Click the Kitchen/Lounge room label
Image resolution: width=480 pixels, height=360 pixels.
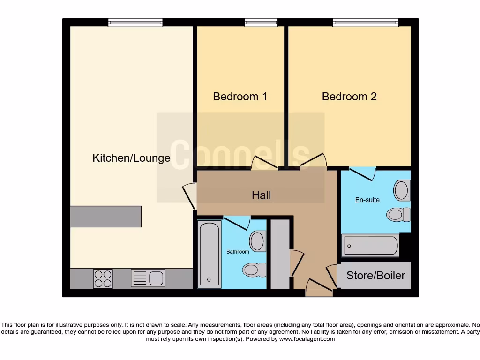pyautogui.click(x=131, y=158)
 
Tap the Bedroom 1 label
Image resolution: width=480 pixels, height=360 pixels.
pyautogui.click(x=240, y=97)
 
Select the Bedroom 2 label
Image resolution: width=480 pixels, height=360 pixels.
pyautogui.click(x=349, y=97)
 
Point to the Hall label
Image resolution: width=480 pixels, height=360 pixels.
pyautogui.click(x=261, y=195)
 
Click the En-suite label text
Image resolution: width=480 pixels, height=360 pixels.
pyautogui.click(x=367, y=200)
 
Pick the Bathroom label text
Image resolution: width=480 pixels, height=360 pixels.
pyautogui.click(x=238, y=252)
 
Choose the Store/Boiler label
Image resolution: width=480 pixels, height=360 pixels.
pyautogui.click(x=375, y=276)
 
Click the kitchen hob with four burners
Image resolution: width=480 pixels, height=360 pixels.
pyautogui.click(x=103, y=278)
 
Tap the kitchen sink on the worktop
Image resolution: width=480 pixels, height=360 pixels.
pyautogui.click(x=148, y=278)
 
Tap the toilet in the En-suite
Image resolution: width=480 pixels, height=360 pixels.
pyautogui.click(x=398, y=215)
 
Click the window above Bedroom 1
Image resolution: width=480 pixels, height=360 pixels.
pyautogui.click(x=261, y=22)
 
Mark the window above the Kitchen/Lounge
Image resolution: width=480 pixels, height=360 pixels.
pyautogui.click(x=135, y=22)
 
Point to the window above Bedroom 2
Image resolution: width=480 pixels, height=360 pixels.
pyautogui.click(x=366, y=22)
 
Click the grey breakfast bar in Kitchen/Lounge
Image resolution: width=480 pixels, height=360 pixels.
pyautogui.click(x=105, y=217)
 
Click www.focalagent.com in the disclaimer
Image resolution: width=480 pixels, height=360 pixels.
pyautogui.click(x=307, y=339)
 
